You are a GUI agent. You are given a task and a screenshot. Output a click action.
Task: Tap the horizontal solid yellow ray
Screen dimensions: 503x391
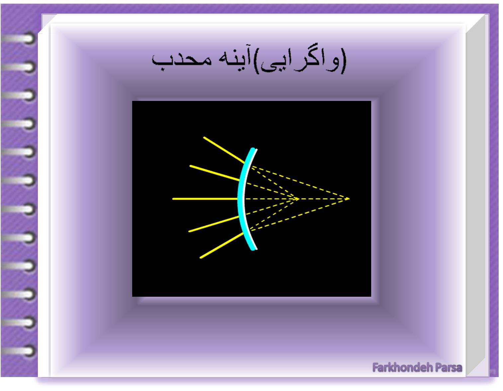pos(205,199)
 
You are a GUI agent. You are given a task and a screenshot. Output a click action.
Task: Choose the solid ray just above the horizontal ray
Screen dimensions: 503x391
pos(214,173)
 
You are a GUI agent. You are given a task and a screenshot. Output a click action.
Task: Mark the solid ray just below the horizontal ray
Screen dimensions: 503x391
pos(214,224)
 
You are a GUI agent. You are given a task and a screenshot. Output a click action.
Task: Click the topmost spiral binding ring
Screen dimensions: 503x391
pos(19,39)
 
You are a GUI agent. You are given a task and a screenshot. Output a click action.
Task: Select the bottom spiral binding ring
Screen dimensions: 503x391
pos(19,351)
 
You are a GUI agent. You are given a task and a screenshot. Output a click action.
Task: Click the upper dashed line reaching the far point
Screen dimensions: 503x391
pos(300,182)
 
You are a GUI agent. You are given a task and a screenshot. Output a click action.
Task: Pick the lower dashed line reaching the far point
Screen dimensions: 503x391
pos(299,215)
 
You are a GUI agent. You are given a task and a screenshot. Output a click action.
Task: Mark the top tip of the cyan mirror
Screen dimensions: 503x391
pos(253,148)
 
